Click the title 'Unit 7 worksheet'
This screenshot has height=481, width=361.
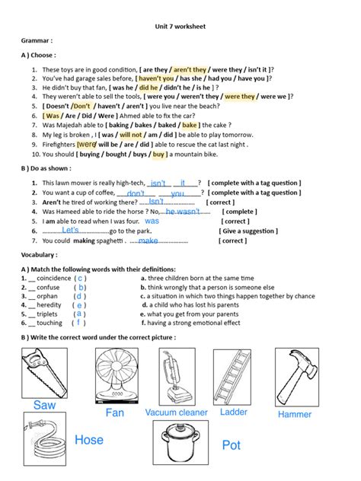point(180,26)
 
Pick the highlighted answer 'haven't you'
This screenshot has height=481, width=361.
point(155,78)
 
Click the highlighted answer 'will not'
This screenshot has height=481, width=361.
point(131,134)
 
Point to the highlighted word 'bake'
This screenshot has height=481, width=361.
point(190,125)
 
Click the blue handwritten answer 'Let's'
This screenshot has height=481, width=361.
point(70,230)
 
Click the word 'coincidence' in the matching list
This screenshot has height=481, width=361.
point(53,279)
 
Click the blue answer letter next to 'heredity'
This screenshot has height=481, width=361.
point(79,305)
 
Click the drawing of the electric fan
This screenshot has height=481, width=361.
point(116,377)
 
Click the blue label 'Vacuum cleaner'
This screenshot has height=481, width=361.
point(176,413)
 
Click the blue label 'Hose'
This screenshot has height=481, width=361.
point(89,440)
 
